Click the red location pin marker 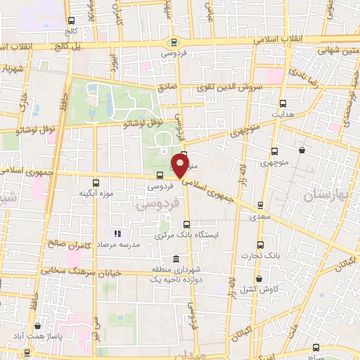(180, 165)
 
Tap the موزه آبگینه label (95, 193)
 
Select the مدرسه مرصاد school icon (118, 233)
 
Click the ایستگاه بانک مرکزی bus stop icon (186, 224)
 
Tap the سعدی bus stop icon (261, 207)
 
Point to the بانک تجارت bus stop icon (261, 245)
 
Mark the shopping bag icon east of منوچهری (302, 150)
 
